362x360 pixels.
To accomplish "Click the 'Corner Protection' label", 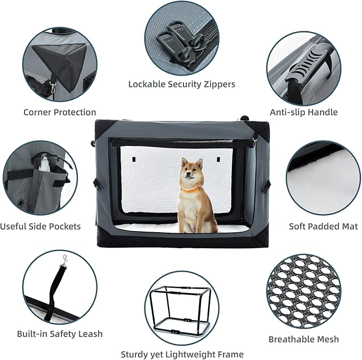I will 60,112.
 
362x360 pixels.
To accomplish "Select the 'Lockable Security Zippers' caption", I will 181,84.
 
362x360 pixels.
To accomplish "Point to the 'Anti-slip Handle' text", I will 303,112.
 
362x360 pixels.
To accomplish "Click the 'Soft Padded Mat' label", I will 323,226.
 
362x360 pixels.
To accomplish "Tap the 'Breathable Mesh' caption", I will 303,339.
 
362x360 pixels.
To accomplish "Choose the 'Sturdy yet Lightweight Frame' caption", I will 182,354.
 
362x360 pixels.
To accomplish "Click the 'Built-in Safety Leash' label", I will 60,334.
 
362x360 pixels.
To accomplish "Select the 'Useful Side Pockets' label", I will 41,226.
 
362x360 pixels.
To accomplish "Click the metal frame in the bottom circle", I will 181,309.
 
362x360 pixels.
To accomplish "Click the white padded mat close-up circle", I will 323,178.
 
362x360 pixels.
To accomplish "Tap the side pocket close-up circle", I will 40,178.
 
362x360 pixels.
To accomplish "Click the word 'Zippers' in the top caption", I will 218,84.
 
